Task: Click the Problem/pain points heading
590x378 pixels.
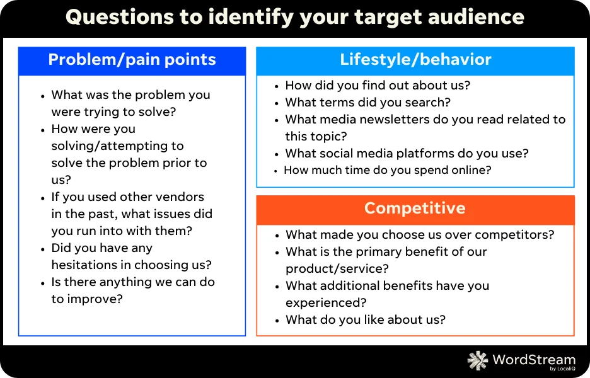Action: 132,60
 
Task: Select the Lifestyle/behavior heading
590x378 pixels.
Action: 415,60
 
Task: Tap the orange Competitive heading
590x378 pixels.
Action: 415,209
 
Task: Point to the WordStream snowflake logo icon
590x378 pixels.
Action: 478,360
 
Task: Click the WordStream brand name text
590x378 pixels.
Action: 534,359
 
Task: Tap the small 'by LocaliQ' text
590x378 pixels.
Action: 562,369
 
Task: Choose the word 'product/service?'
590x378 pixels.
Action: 337,269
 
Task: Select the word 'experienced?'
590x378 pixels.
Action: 326,303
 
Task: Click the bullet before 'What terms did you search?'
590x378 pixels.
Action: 277,103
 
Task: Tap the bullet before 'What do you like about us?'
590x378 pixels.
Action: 277,321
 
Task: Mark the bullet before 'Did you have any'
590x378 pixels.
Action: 43,249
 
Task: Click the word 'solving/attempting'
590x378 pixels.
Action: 117,146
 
